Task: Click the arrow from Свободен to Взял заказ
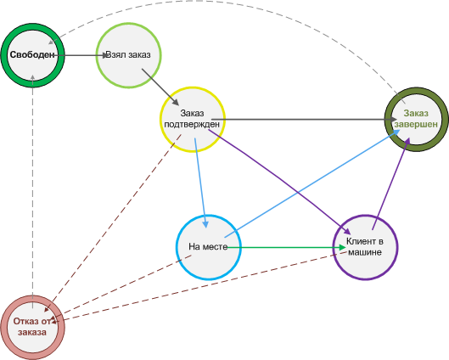[x=81, y=55]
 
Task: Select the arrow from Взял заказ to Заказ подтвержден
[x=160, y=87]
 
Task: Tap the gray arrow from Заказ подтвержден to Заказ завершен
[x=304, y=119]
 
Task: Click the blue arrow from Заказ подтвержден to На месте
[x=200, y=183]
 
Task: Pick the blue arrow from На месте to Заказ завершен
[x=312, y=183]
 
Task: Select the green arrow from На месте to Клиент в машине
[x=287, y=247]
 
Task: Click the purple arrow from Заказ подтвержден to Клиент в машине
[x=279, y=182]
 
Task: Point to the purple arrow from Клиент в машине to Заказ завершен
[x=391, y=183]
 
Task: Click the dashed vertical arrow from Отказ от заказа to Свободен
[x=32, y=191]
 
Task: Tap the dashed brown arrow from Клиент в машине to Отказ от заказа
[x=200, y=287]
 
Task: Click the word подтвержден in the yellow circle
[x=192, y=125]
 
